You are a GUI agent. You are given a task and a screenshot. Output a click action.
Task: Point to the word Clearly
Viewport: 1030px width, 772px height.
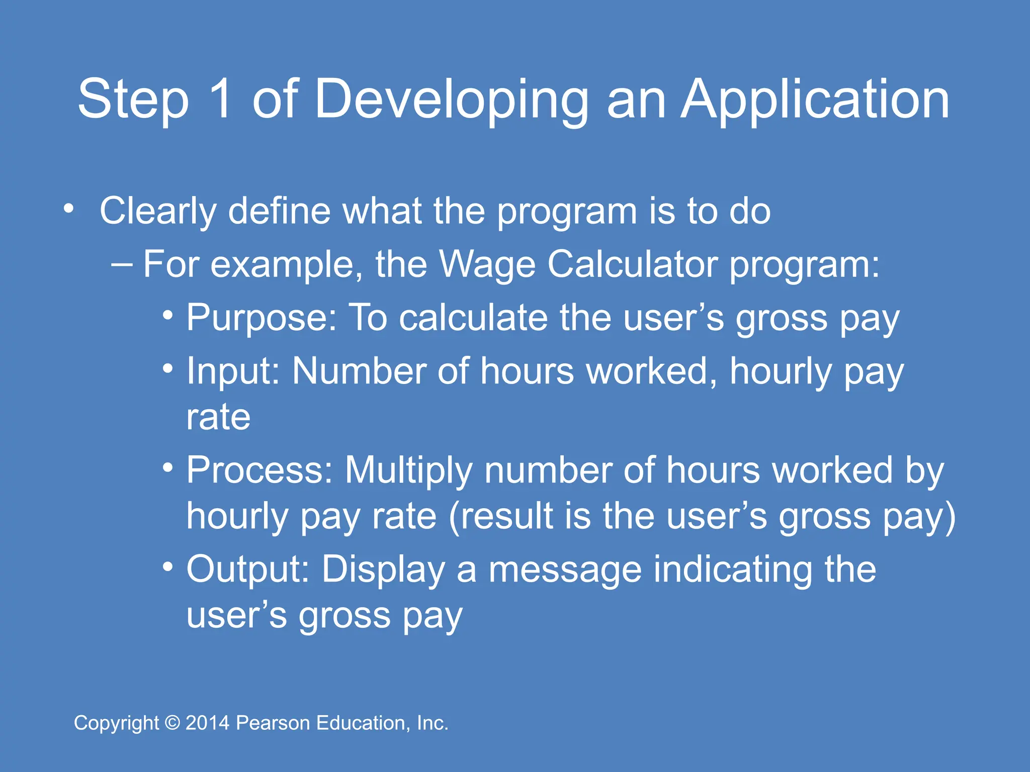coord(158,211)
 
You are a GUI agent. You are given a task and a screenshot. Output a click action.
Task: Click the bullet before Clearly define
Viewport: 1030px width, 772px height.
coord(69,208)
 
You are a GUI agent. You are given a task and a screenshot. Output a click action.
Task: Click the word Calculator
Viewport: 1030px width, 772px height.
coord(632,264)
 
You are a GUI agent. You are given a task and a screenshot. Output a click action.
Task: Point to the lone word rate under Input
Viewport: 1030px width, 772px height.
coord(218,417)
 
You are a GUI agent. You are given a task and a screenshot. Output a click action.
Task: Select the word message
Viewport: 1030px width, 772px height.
coord(565,569)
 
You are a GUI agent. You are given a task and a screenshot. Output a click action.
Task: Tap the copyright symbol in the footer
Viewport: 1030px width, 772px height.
coord(173,723)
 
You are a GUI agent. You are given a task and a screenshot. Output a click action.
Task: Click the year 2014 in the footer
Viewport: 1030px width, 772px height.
coord(208,723)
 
